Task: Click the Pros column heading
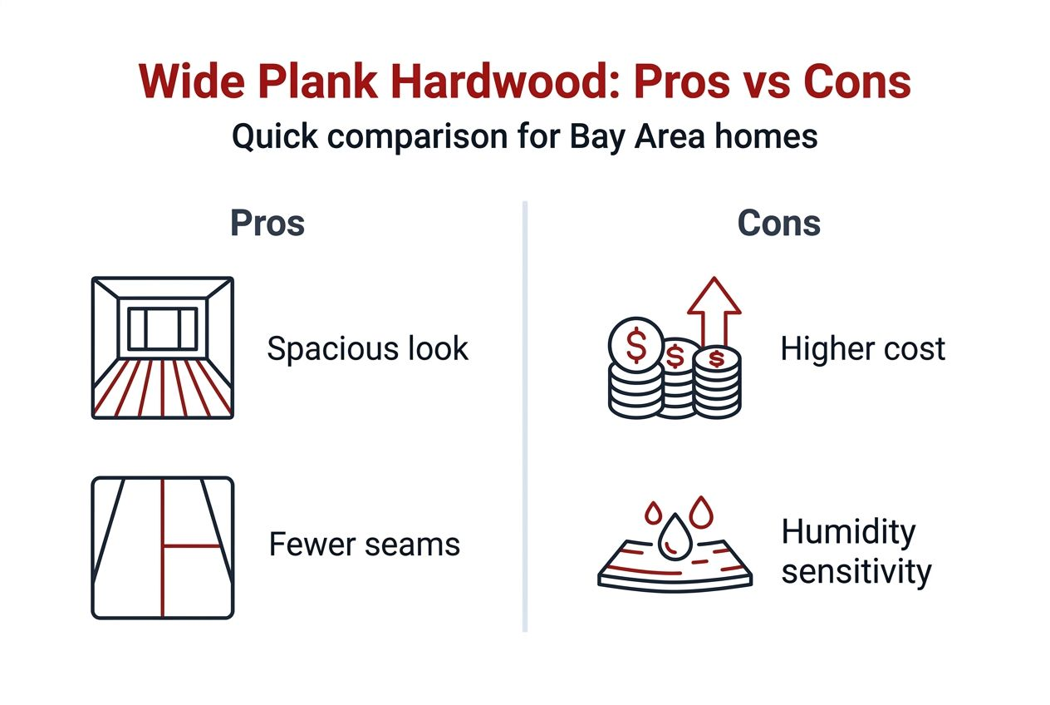(x=267, y=224)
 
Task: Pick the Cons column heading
(x=778, y=224)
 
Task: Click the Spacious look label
(x=367, y=349)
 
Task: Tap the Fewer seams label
(x=364, y=545)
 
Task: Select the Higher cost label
(x=862, y=349)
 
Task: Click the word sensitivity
(x=856, y=572)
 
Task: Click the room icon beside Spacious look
(x=162, y=348)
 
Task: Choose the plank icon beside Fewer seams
(x=162, y=547)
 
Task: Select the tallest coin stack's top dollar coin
(x=635, y=345)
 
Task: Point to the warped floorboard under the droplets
(x=675, y=570)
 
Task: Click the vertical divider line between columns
(x=525, y=416)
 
